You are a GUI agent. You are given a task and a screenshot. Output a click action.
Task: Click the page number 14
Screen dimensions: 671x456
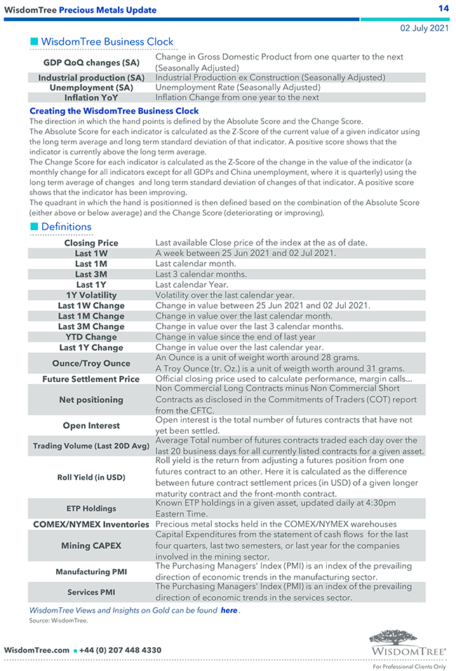tap(443, 8)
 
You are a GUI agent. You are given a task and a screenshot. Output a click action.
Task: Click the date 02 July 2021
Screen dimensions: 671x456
tap(424, 28)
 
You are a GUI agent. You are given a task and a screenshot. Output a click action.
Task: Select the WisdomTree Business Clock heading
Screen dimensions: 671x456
tap(107, 42)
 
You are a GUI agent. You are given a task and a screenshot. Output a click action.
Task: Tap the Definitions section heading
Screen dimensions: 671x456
tap(66, 227)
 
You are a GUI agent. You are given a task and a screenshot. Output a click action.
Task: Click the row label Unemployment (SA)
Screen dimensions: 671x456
tap(91, 88)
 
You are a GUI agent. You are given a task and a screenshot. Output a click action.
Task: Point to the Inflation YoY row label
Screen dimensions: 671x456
tap(91, 98)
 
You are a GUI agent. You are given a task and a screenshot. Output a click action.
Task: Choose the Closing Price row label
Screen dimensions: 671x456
tap(91, 243)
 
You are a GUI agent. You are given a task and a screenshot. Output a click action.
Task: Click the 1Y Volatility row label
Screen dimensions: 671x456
tap(91, 295)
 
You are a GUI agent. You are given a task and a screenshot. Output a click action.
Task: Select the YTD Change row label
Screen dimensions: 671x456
tap(91, 337)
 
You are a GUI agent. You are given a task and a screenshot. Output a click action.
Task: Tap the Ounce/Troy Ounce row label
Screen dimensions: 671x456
tap(91, 364)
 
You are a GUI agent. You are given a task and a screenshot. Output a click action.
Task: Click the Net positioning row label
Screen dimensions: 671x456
tap(91, 400)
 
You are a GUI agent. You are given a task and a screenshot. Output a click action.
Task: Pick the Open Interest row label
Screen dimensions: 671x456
tap(91, 425)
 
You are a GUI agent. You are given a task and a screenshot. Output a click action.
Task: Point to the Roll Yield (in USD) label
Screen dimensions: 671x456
tap(91, 477)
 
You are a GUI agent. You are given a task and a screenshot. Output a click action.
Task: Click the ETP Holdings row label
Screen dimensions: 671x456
tap(91, 508)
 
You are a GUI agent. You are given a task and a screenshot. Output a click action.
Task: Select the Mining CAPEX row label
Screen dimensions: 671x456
tap(91, 545)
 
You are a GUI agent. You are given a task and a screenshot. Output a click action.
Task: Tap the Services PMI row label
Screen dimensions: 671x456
tap(91, 592)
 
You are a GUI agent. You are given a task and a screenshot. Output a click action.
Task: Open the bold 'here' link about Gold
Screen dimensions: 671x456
tap(229, 611)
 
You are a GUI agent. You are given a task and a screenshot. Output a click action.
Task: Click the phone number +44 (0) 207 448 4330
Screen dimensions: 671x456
tap(120, 651)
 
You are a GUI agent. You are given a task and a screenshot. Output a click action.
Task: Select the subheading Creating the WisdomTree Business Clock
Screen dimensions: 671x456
tap(114, 111)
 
